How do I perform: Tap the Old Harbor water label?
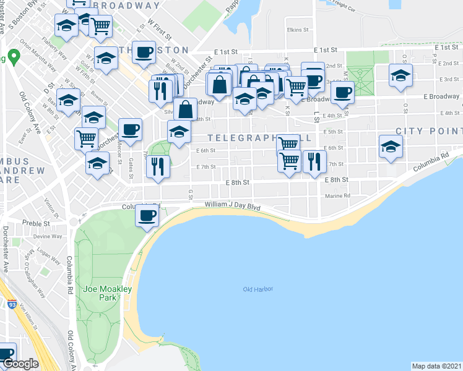[257, 289]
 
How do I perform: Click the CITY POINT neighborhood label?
[428, 131]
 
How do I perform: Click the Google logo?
[21, 364]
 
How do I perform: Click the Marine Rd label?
[337, 196]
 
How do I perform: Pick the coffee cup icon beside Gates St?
[130, 129]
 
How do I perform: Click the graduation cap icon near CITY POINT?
[391, 147]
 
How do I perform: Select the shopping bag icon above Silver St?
[186, 109]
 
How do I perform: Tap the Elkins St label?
[298, 29]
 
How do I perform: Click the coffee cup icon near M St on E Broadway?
[342, 93]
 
